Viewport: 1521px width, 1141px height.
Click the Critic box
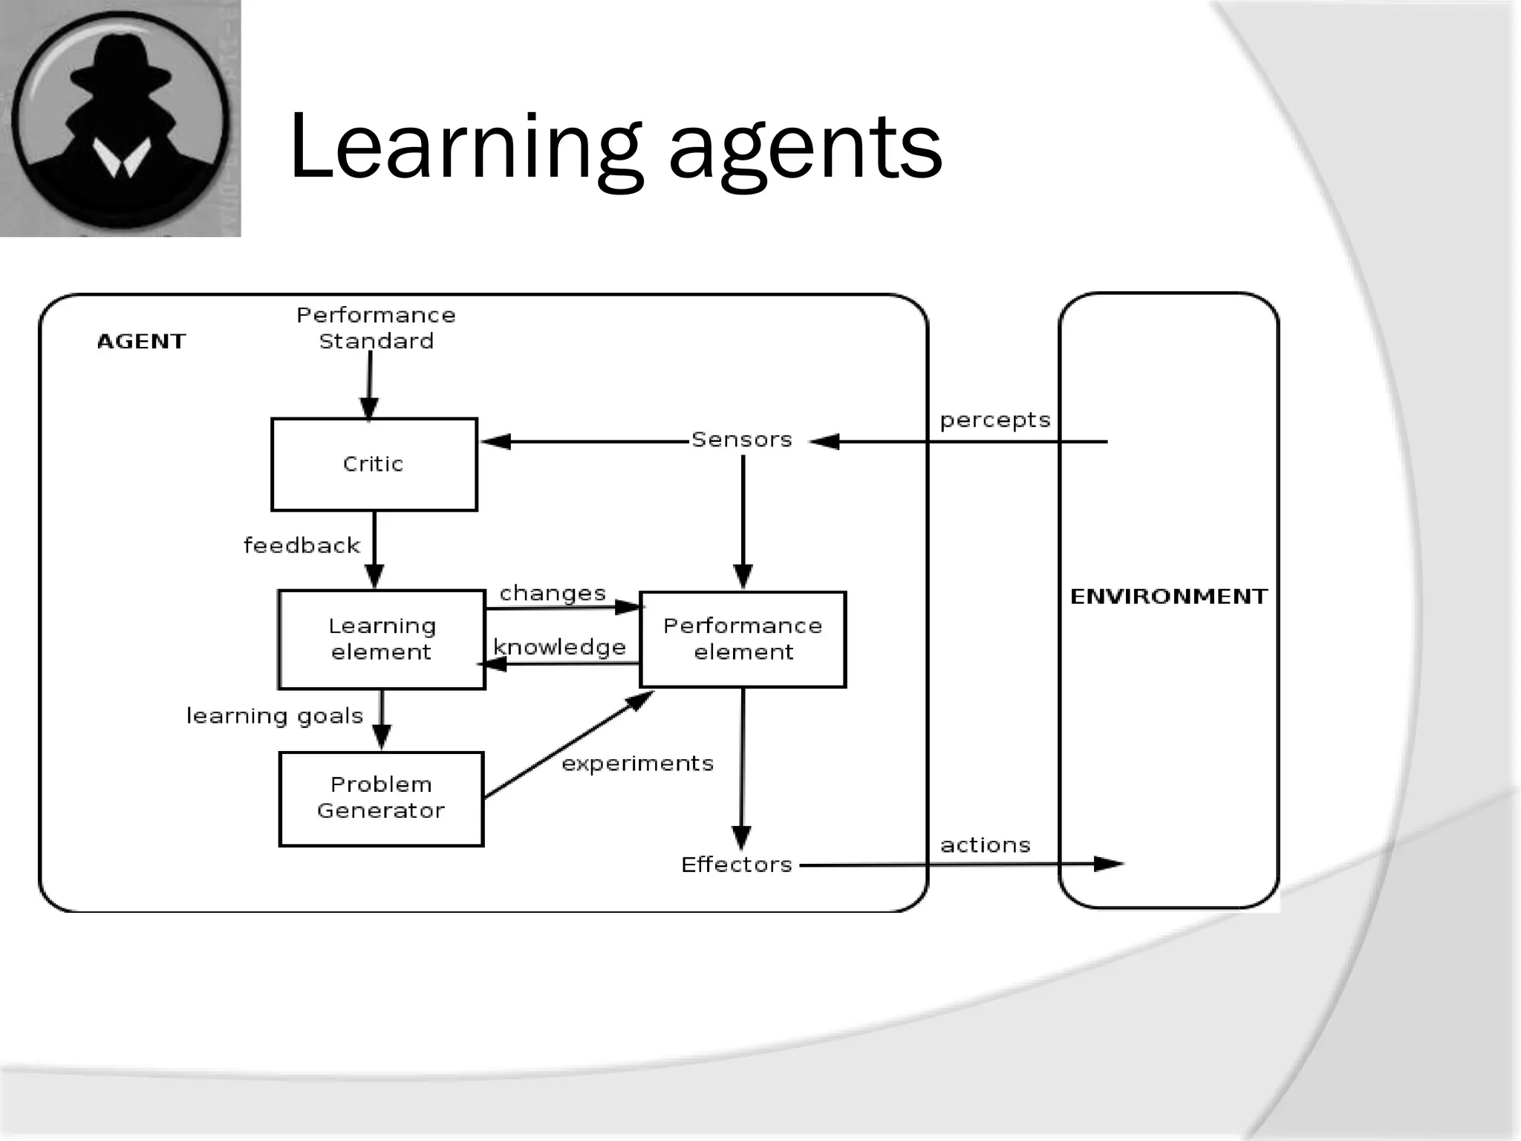[x=374, y=464]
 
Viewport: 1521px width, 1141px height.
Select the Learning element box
[x=382, y=640]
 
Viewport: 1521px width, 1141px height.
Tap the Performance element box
[x=743, y=640]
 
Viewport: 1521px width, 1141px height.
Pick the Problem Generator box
[x=381, y=799]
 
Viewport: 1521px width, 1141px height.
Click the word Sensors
[x=741, y=440]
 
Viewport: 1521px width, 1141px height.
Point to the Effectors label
[x=736, y=865]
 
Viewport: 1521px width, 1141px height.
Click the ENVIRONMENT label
[x=1168, y=596]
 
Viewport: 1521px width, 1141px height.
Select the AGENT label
[x=141, y=342]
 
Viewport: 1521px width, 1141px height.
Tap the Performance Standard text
[x=376, y=328]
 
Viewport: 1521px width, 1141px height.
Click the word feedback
[x=302, y=546]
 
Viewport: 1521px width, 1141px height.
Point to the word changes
[x=553, y=594]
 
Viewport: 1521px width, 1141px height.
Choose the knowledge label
[x=559, y=648]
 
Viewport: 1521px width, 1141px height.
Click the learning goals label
[x=274, y=716]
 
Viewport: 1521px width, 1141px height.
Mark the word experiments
[x=637, y=764]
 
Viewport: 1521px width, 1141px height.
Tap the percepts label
[x=994, y=420]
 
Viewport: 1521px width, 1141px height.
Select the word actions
[x=985, y=845]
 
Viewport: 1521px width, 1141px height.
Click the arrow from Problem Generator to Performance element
[x=568, y=745]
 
